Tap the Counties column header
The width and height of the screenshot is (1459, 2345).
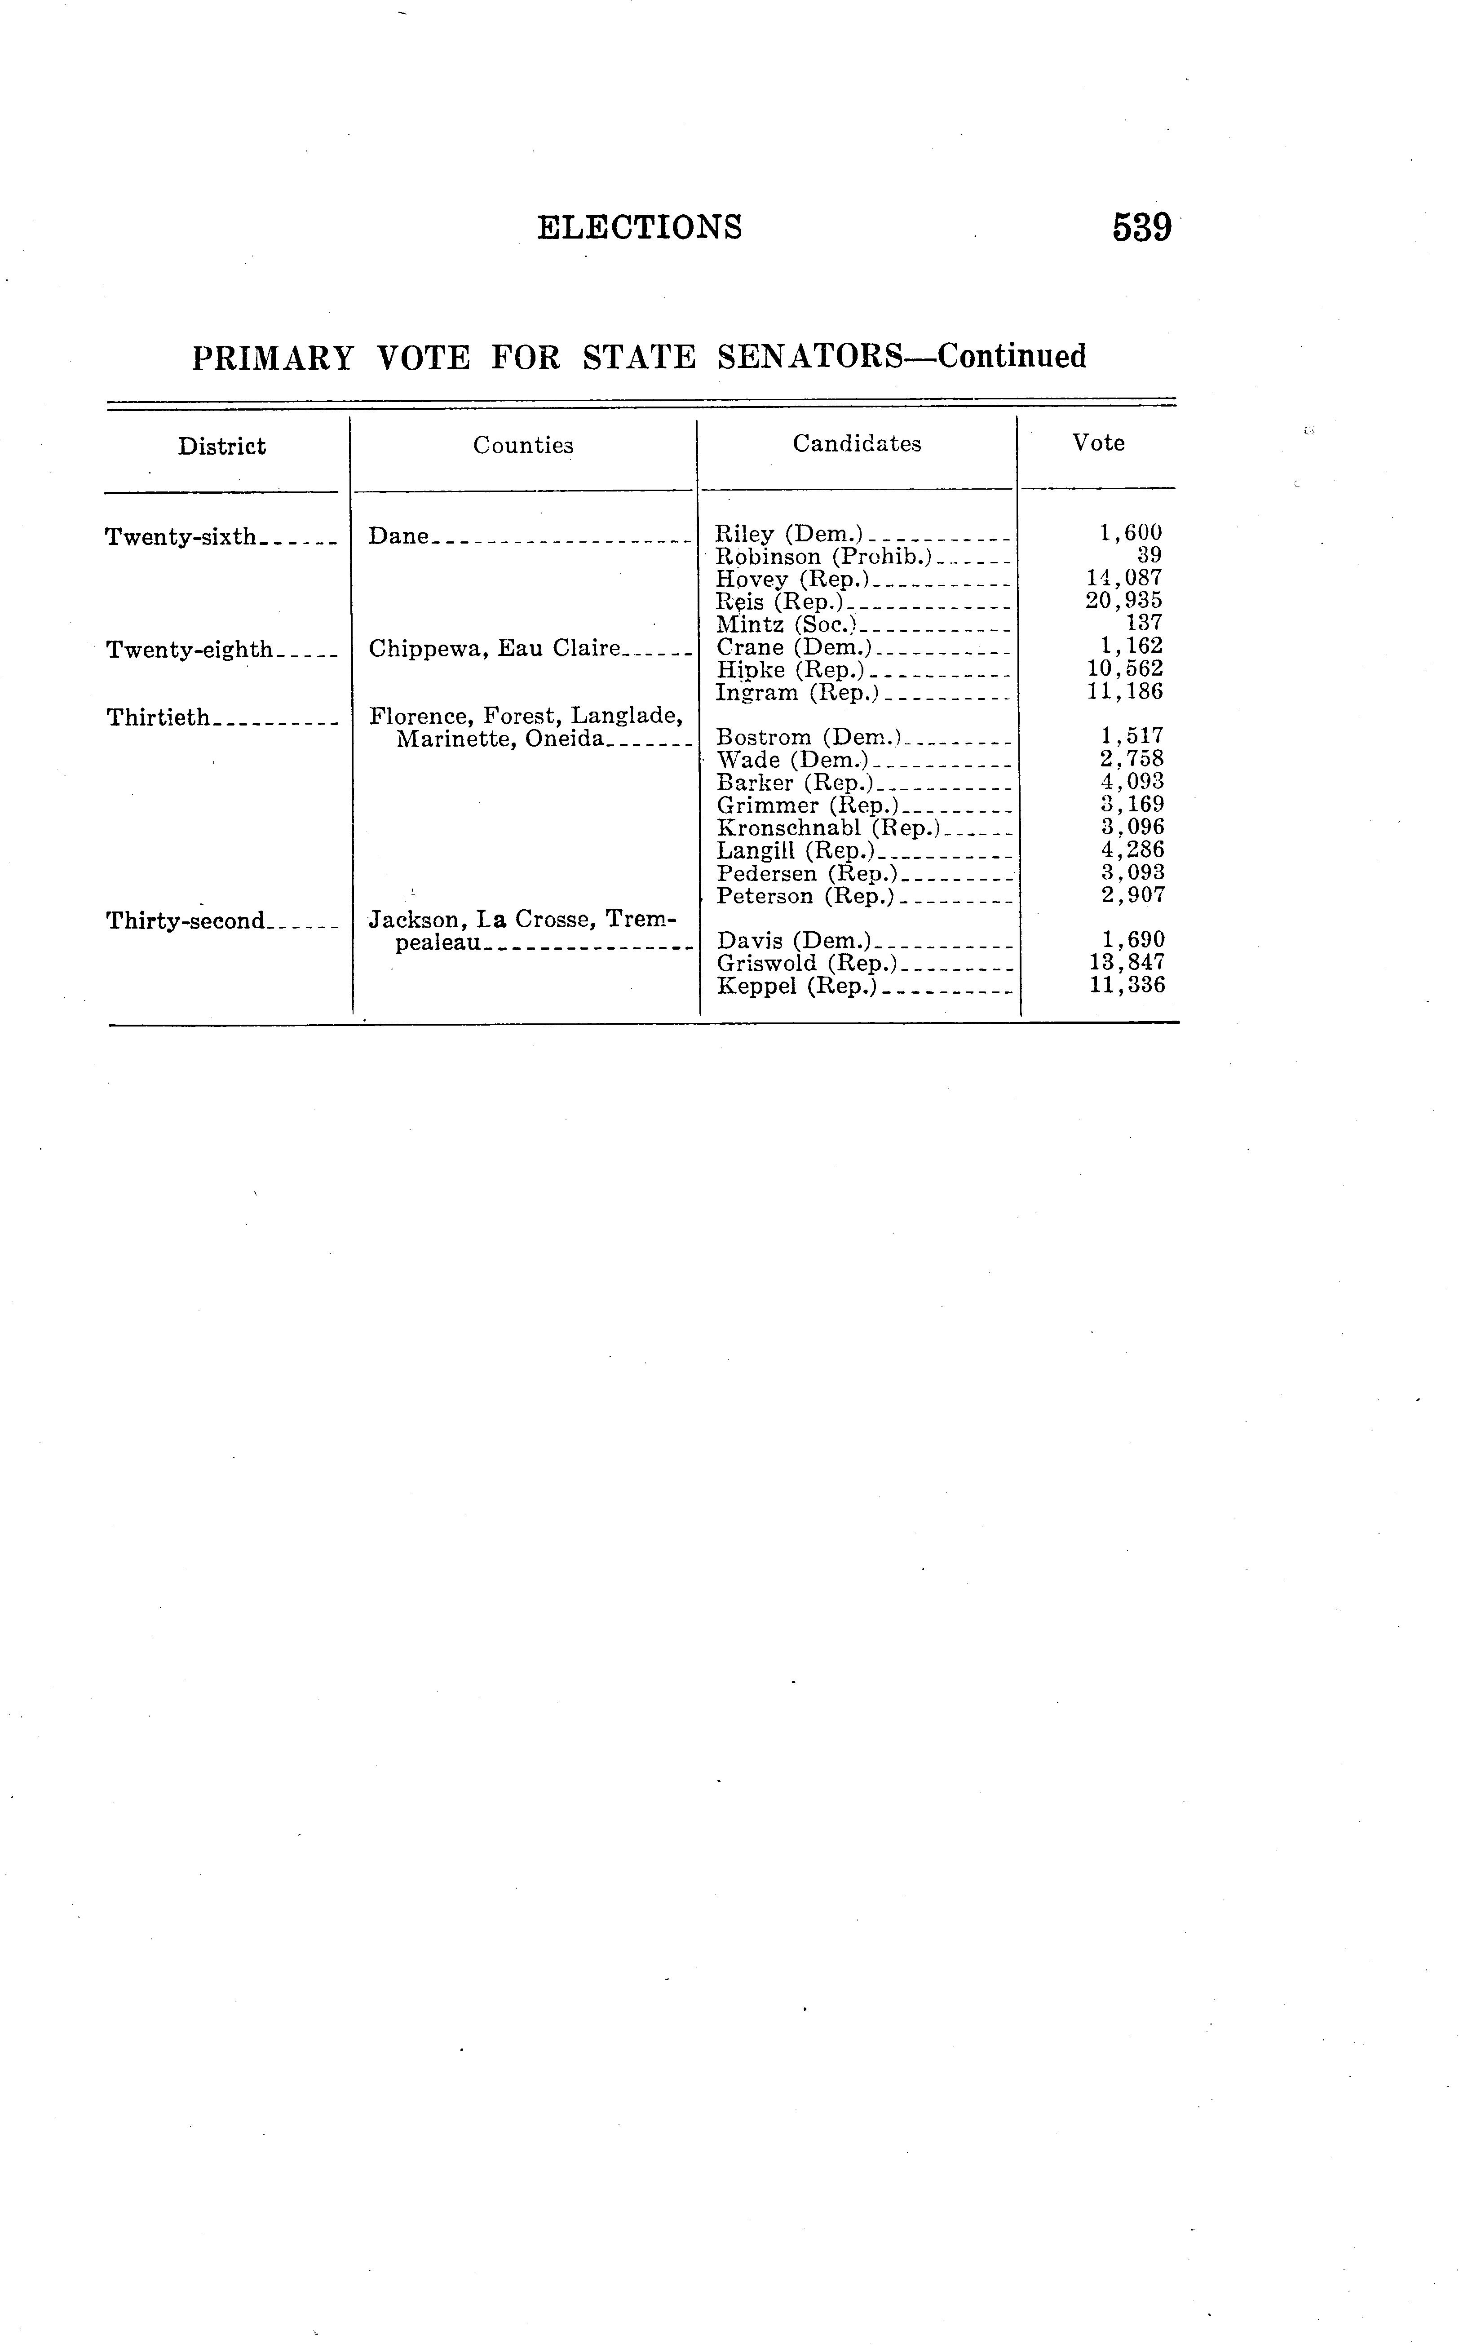(x=523, y=445)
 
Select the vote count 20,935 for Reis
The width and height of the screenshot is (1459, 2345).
(x=1124, y=600)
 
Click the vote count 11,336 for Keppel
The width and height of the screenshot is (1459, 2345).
(x=1127, y=985)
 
